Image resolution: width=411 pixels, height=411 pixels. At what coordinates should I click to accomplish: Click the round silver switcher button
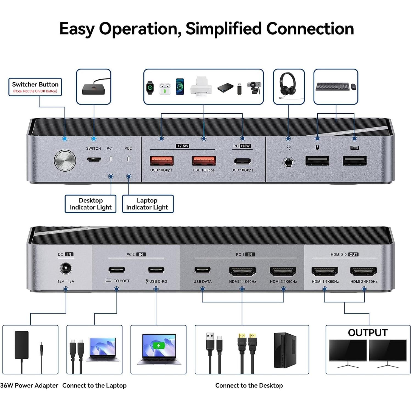pos(65,160)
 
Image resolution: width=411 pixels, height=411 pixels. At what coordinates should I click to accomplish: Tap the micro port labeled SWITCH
pos(94,160)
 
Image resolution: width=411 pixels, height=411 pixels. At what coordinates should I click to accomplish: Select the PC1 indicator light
pos(111,159)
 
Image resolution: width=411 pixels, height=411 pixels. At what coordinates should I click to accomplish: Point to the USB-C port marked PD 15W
pos(242,161)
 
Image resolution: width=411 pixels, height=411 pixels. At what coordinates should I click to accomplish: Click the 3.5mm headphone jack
pos(288,163)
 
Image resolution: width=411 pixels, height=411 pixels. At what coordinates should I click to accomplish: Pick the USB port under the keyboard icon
pos(354,161)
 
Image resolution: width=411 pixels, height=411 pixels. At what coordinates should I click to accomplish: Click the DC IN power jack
pos(66,269)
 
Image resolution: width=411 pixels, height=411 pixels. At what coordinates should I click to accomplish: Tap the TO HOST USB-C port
pos(117,270)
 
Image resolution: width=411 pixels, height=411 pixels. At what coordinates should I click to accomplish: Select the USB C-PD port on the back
pos(156,270)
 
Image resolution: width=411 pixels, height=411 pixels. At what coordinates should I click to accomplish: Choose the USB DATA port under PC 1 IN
pos(202,270)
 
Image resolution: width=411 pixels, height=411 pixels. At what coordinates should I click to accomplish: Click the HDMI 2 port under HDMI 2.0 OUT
pos(364,271)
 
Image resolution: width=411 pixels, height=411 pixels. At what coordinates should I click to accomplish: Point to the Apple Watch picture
pos(150,88)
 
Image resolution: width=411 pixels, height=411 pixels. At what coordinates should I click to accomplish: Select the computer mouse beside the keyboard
pos(353,86)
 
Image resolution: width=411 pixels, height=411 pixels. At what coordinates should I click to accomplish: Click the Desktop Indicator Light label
pos(91,204)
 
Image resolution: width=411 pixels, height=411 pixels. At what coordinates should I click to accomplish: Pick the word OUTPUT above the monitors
pos(368,333)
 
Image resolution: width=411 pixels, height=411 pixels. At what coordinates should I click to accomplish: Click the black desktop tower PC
pos(285,350)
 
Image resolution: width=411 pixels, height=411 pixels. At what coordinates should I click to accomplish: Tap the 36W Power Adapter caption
pos(29,385)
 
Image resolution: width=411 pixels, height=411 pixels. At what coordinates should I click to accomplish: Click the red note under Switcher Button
pos(35,91)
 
